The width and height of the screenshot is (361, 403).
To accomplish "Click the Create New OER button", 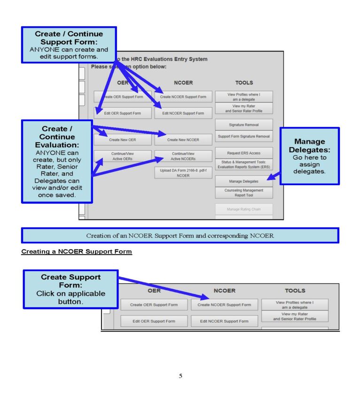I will (123, 139).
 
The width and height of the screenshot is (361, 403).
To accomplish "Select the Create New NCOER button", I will (183, 139).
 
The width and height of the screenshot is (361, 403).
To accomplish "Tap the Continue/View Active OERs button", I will (123, 156).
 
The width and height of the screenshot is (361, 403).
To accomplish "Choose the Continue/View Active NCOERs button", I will (183, 156).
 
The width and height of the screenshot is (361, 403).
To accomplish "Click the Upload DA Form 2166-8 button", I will (183, 172).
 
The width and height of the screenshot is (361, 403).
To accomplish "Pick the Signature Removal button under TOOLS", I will (243, 125).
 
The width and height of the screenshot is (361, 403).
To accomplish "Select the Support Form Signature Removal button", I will (243, 137).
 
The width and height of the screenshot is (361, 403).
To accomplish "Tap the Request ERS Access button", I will (243, 153).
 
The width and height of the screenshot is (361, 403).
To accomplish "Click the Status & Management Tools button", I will (243, 164).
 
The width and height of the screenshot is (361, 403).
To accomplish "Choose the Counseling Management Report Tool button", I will (243, 193).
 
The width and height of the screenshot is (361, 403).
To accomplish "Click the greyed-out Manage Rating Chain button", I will (243, 209).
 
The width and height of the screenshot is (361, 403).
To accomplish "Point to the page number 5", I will (180, 376).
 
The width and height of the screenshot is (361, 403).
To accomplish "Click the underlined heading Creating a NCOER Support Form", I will (77, 252).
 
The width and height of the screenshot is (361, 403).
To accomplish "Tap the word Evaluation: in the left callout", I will (57, 145).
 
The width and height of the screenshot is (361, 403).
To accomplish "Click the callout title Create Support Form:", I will (71, 281).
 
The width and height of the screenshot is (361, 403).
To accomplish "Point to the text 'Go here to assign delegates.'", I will (310, 164).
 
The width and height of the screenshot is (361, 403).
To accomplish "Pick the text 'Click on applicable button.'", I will (71, 298).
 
